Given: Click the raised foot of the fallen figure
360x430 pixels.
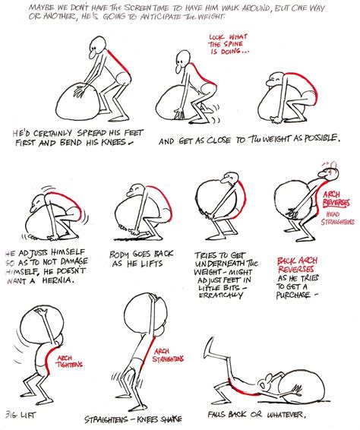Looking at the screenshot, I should pos(216,337).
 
